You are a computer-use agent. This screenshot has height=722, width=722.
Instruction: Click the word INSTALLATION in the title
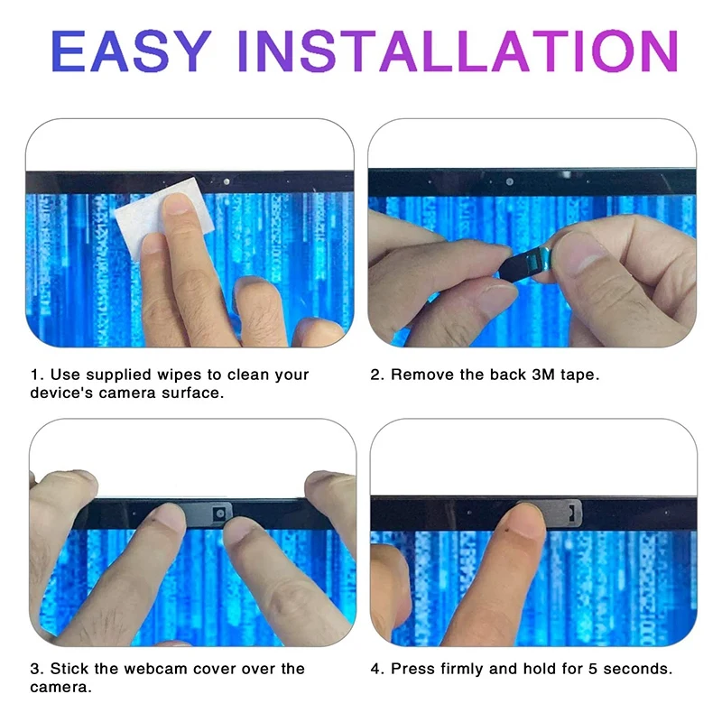[x=458, y=51]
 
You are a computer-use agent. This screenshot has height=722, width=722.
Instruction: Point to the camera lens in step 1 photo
[x=225, y=181]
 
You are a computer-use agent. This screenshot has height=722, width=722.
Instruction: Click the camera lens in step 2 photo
[x=510, y=182]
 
